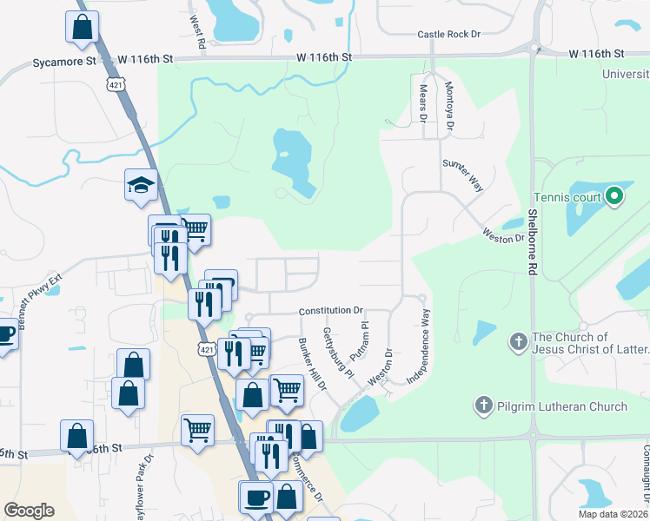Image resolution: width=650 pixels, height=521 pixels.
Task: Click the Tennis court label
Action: [x=567, y=196]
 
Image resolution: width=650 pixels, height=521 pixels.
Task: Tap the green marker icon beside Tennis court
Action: [x=615, y=196]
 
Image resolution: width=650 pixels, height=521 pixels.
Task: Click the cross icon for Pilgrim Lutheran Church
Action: [x=483, y=406]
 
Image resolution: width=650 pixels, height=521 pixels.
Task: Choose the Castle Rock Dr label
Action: [x=448, y=34]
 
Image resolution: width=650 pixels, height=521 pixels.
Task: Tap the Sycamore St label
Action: [x=64, y=63]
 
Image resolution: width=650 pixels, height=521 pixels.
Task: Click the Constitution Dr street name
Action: [x=330, y=310]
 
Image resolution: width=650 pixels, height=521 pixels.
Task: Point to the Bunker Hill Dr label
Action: [x=312, y=363]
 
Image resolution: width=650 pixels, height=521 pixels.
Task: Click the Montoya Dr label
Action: [x=449, y=106]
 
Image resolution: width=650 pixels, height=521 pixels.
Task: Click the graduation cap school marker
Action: [x=140, y=185]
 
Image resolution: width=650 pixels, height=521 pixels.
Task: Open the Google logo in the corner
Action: [x=29, y=511]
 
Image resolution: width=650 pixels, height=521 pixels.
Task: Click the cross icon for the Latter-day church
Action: [x=518, y=341]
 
